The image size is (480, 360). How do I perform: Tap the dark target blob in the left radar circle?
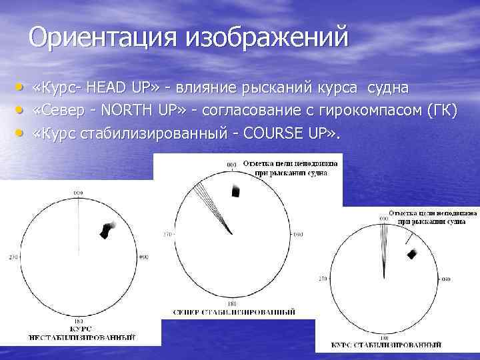click(105, 230)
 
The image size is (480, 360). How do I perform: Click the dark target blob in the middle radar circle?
click(235, 191)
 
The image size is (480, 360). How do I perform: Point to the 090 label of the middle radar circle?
click(297, 235)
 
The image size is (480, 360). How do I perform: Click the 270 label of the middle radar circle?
click(167, 235)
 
